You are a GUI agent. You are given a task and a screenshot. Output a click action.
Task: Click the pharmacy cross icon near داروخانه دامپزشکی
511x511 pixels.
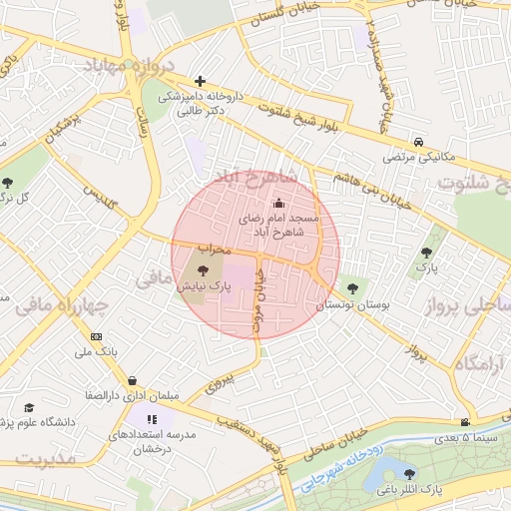(201, 81)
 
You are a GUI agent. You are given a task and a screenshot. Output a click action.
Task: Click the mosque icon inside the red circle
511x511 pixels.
(277, 204)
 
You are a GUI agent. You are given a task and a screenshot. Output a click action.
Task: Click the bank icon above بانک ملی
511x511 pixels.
(96, 336)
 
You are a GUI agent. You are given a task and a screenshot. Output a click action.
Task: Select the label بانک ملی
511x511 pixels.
(96, 353)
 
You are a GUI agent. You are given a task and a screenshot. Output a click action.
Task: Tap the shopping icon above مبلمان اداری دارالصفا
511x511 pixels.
(133, 380)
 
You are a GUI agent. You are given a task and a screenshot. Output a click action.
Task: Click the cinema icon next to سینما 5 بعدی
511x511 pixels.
(464, 422)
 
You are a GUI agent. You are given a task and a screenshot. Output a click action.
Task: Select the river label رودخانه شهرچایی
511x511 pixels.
(335, 469)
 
